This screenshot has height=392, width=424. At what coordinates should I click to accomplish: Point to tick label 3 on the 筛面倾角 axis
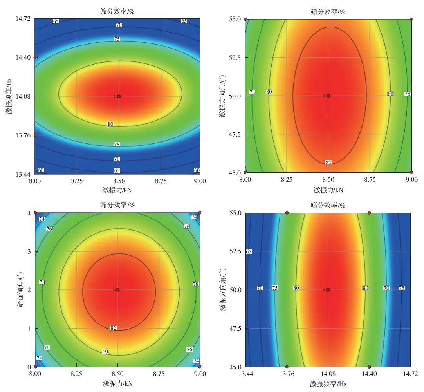tap(29, 251)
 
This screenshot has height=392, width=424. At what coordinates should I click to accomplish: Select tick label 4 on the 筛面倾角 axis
tap(29, 213)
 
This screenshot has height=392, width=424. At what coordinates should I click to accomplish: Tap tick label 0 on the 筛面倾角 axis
tap(29, 367)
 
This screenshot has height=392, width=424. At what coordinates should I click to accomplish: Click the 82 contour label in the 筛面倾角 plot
tap(114, 328)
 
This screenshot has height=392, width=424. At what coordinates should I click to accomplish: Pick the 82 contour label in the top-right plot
tap(328, 163)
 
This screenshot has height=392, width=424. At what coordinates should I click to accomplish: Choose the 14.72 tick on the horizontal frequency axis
tap(410, 374)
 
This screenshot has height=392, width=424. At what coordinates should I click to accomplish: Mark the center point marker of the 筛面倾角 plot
tap(117, 290)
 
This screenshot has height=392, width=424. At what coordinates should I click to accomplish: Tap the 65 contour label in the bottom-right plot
tap(248, 251)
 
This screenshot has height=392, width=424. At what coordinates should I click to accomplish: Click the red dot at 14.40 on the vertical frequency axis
tap(35, 57)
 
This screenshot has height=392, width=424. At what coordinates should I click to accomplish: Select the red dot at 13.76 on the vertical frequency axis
tap(35, 135)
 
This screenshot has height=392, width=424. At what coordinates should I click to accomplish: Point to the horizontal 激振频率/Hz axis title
tap(328, 384)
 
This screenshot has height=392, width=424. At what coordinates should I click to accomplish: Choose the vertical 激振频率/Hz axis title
tap(9, 96)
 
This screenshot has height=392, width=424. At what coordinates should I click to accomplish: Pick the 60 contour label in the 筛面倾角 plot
tap(105, 352)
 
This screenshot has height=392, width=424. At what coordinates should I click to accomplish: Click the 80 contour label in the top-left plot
tap(110, 124)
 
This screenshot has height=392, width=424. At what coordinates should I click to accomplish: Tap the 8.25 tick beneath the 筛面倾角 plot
tap(76, 374)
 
